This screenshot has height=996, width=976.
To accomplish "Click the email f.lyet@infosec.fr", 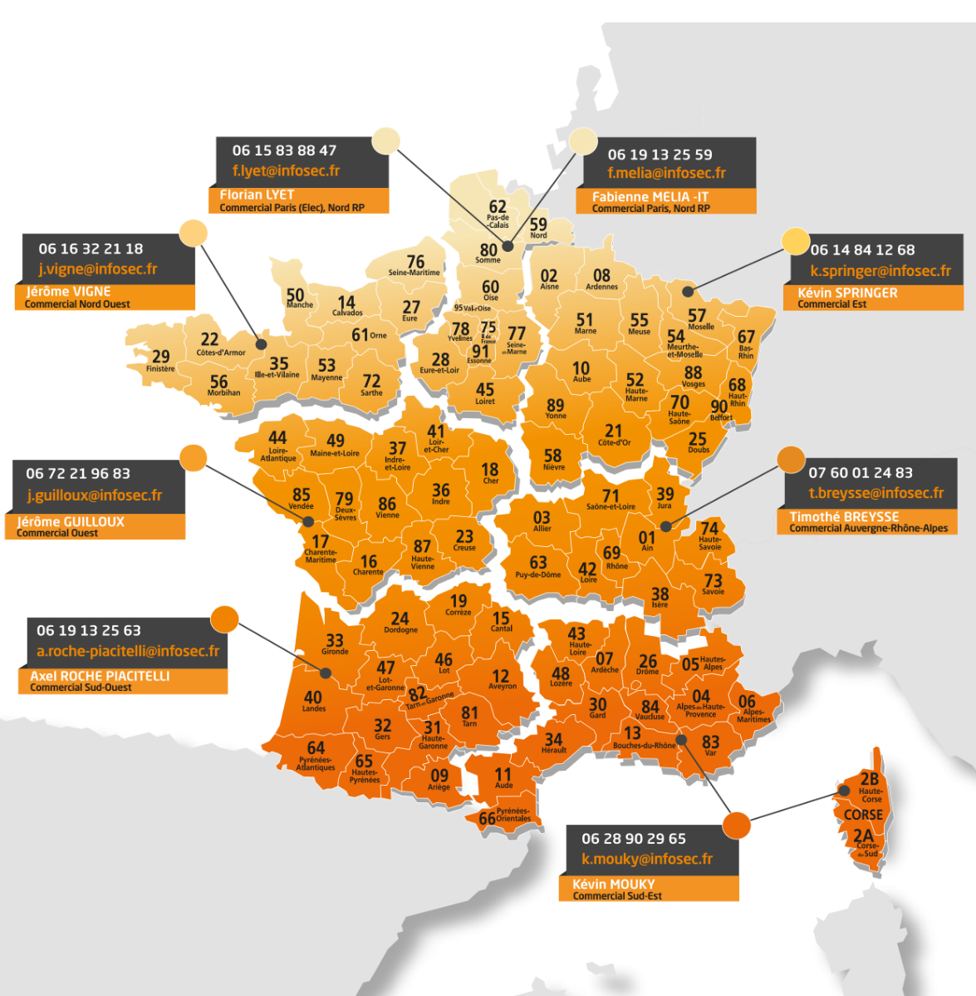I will tap(286, 171).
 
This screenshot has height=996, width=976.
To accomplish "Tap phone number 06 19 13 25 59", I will tap(660, 155).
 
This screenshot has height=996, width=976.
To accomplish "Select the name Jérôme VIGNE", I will tap(68, 292).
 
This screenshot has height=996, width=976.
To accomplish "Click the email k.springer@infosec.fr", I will tap(880, 271).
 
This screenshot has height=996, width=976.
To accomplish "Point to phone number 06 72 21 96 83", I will tap(78, 474).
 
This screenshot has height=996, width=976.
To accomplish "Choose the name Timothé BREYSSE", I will tap(844, 516).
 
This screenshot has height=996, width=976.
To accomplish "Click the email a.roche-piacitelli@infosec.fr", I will tap(128, 652).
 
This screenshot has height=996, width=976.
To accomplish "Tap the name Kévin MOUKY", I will tap(613, 885).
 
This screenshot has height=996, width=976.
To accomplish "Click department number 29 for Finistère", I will tap(160, 357).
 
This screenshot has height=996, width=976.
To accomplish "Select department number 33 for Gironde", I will tap(335, 640).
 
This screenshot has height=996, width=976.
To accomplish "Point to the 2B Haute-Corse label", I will tap(870, 780).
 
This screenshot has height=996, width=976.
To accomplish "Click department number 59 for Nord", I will tap(538, 224).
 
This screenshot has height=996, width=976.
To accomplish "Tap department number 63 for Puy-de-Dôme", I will tap(538, 563).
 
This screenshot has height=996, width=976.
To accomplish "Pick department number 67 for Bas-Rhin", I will tap(747, 338).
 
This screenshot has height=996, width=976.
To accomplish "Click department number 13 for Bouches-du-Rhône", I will tap(633, 732).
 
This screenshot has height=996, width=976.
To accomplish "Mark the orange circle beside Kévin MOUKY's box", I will tap(736, 825).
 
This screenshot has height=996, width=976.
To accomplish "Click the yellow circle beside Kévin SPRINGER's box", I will tap(796, 240).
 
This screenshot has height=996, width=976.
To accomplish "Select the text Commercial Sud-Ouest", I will tap(81, 688).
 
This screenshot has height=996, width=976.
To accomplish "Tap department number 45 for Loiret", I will tap(485, 389).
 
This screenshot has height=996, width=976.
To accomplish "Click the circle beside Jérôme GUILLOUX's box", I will tap(193, 458).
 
